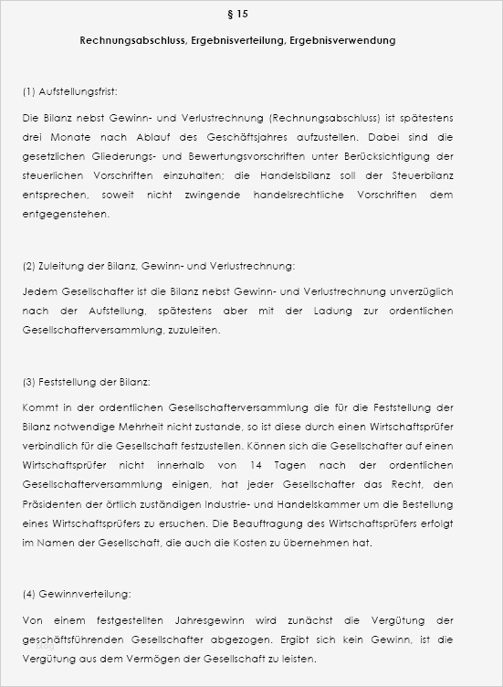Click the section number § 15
tap(236, 15)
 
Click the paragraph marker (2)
tap(28, 266)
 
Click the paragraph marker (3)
tap(28, 381)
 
